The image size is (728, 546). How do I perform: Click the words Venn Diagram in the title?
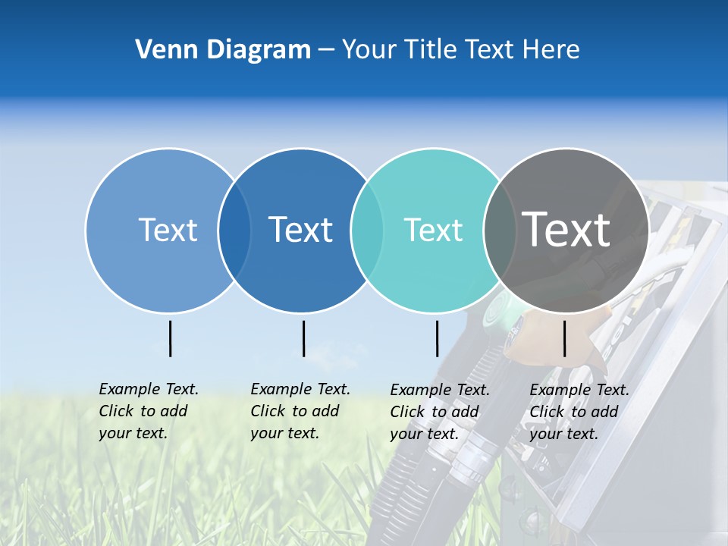click(x=223, y=50)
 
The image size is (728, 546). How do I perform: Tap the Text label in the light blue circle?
click(x=168, y=230)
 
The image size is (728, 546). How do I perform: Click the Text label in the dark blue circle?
click(x=300, y=230)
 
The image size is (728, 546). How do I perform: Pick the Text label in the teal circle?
click(x=433, y=230)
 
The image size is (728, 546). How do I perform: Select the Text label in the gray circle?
click(x=566, y=230)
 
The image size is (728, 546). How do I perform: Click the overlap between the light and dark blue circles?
click(x=234, y=231)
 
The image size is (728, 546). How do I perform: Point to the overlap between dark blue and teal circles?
click(x=367, y=231)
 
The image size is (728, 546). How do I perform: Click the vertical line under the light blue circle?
click(x=170, y=338)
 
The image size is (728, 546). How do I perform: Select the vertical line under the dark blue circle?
click(x=303, y=338)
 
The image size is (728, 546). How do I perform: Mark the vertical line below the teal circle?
click(x=437, y=338)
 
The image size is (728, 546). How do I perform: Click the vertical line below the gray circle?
click(x=564, y=338)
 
